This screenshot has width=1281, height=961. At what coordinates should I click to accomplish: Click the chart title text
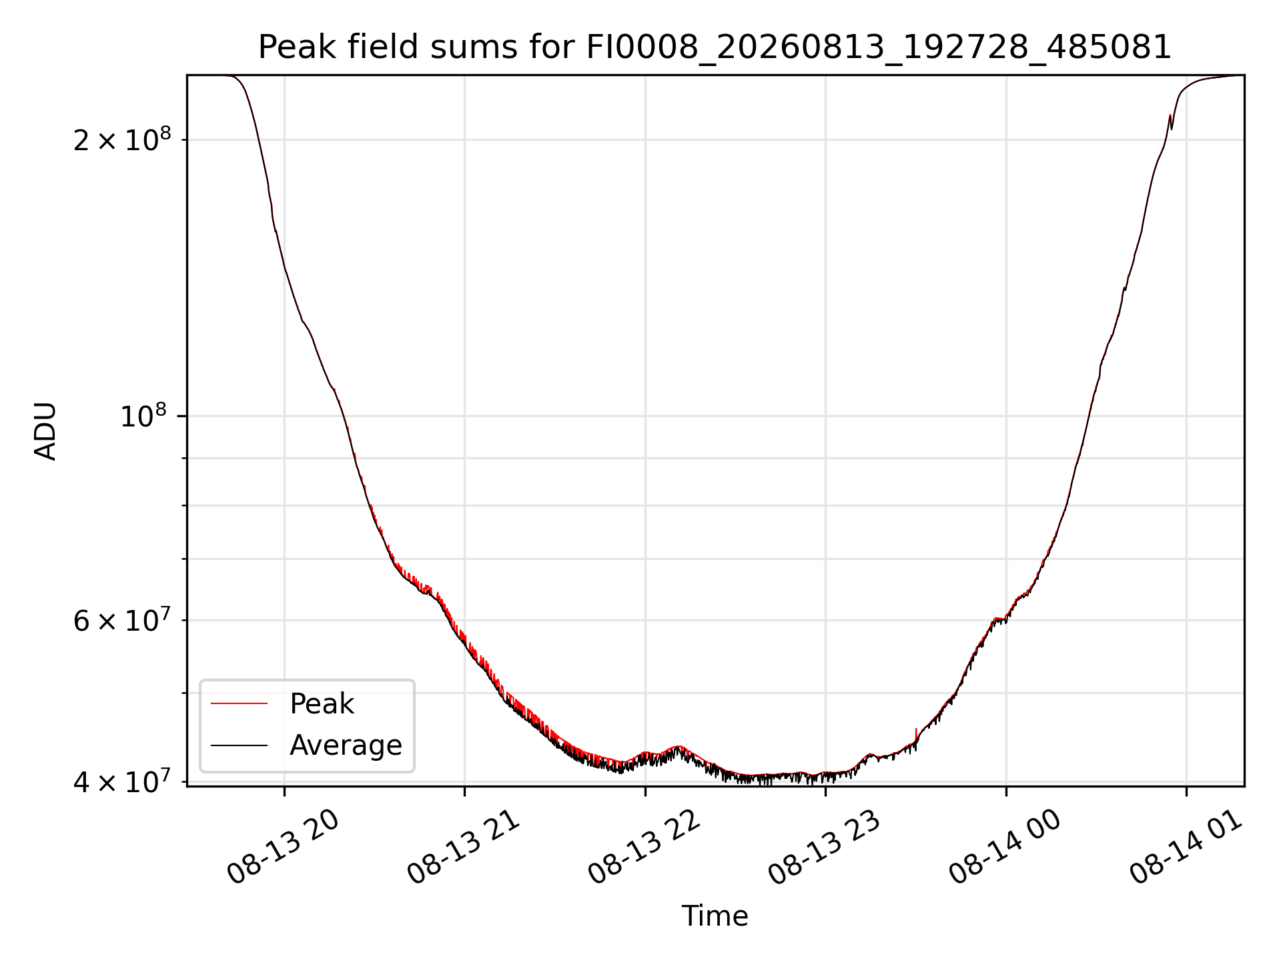(x=715, y=47)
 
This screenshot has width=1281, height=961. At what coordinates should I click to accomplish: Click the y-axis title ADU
(x=45, y=431)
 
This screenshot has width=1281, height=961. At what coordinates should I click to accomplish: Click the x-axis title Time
(x=715, y=916)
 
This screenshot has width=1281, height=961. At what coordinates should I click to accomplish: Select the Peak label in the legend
(x=322, y=703)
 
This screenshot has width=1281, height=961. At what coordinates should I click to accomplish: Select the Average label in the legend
(x=346, y=745)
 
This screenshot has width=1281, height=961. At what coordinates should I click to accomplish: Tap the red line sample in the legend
(x=239, y=703)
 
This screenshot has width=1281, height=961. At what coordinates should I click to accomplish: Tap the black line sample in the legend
(x=239, y=745)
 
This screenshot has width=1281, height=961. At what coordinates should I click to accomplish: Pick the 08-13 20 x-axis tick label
(x=283, y=847)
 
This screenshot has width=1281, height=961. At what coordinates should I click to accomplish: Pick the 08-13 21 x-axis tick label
(x=463, y=847)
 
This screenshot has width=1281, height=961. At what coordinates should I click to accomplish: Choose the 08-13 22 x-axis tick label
(x=644, y=847)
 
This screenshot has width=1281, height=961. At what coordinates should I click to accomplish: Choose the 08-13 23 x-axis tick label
(x=824, y=847)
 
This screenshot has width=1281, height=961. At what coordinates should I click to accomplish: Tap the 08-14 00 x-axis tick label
(x=1005, y=847)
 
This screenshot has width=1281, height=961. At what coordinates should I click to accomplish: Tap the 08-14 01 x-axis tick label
(x=1185, y=847)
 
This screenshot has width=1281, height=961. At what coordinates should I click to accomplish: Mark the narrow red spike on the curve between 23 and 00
(x=916, y=734)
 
